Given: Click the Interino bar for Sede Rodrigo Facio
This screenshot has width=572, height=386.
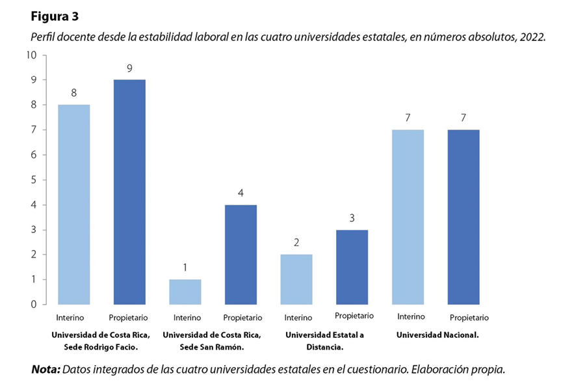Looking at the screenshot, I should pos(73,204).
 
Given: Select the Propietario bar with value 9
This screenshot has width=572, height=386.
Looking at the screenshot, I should pos(129,191).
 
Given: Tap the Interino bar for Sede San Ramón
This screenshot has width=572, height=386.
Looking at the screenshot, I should pos(185,292).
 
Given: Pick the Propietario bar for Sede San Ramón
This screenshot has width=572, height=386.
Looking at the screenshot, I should pos(240,254).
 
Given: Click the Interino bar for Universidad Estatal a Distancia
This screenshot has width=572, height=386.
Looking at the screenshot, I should pos(296,279).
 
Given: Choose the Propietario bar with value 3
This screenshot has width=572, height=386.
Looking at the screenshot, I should pos(352,266).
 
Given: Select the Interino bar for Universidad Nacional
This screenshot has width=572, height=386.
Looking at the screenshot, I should pos(408,217).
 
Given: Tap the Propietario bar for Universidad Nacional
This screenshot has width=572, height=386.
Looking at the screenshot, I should pos(463,217).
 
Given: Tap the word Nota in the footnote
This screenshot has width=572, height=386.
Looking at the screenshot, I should pos(45,369).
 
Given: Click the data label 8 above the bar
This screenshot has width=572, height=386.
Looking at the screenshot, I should pos(73,92).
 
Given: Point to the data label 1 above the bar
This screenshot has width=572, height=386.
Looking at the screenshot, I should pos(185,267).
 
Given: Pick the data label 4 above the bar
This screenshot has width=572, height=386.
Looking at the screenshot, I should pos(240,193).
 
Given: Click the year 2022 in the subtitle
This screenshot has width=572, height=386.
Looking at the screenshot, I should pos(532,37).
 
